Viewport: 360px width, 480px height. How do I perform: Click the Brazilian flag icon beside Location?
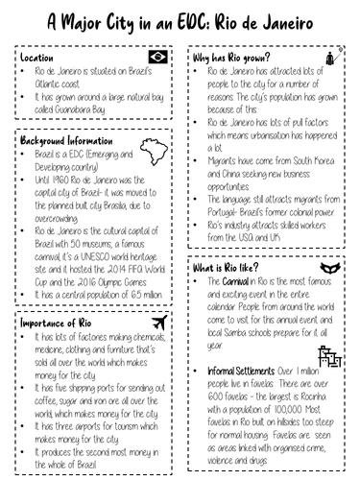[156, 58]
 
